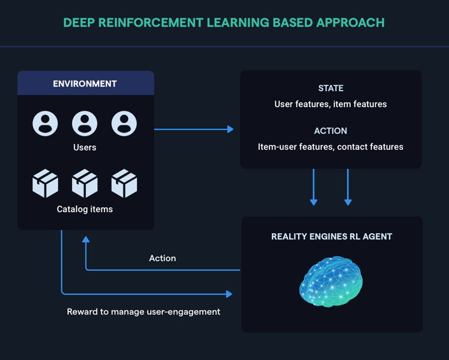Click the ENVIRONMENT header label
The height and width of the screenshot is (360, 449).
pos(85,83)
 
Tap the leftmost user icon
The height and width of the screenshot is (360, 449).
pos(45,124)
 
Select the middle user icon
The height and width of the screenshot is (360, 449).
pos(85,124)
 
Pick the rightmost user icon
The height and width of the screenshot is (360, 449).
pos(124,124)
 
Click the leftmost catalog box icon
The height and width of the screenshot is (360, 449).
pos(45,184)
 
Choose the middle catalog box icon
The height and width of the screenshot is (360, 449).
pos(85,184)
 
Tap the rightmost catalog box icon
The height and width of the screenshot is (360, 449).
pos(124,184)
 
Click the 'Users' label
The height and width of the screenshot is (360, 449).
pos(85,147)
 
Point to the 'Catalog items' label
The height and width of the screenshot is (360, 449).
pos(85,209)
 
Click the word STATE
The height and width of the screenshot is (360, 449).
pos(331,88)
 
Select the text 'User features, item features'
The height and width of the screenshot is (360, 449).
pos(331,104)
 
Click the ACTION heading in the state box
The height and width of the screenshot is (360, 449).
pos(331,131)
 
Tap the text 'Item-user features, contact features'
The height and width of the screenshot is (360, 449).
pos(331,147)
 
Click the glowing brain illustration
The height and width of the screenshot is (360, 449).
pos(331,281)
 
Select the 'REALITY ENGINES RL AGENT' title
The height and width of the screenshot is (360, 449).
pos(332,236)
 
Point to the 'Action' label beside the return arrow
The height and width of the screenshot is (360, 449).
pos(162,258)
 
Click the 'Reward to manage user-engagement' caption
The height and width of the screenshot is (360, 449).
pos(143,312)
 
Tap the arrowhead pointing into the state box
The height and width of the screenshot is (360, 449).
pos(231,129)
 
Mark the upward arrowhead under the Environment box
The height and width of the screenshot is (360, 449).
pos(86,240)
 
